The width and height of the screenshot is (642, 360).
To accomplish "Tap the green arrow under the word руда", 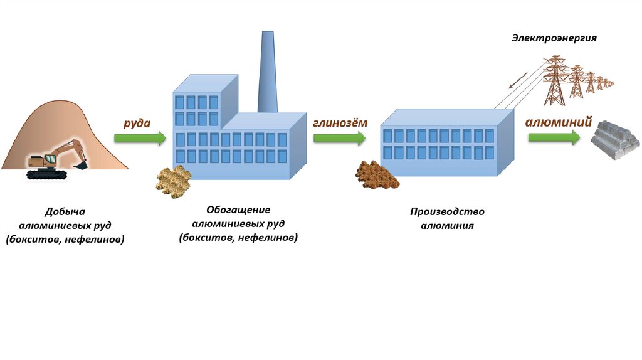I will pyautogui.click(x=140, y=137).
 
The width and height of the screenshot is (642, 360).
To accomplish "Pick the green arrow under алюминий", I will pyautogui.click(x=554, y=138).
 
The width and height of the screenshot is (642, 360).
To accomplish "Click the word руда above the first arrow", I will pyautogui.click(x=136, y=123).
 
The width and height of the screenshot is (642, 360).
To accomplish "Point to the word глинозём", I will pyautogui.click(x=340, y=123).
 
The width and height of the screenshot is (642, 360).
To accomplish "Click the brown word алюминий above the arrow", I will pyautogui.click(x=559, y=122).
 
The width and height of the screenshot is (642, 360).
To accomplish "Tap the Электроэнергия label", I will pyautogui.click(x=554, y=38).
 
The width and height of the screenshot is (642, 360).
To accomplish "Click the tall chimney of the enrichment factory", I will pyautogui.click(x=268, y=72).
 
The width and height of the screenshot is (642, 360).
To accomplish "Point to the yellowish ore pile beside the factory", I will pyautogui.click(x=173, y=182).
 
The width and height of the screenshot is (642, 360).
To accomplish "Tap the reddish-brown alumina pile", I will pyautogui.click(x=377, y=175).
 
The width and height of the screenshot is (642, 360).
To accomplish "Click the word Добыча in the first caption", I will pyautogui.click(x=65, y=211).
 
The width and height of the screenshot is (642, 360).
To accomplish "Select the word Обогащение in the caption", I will pyautogui.click(x=238, y=209).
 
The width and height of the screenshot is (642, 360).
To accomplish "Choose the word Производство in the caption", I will pyautogui.click(x=447, y=212).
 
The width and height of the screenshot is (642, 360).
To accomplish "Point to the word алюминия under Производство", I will pyautogui.click(x=447, y=225).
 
